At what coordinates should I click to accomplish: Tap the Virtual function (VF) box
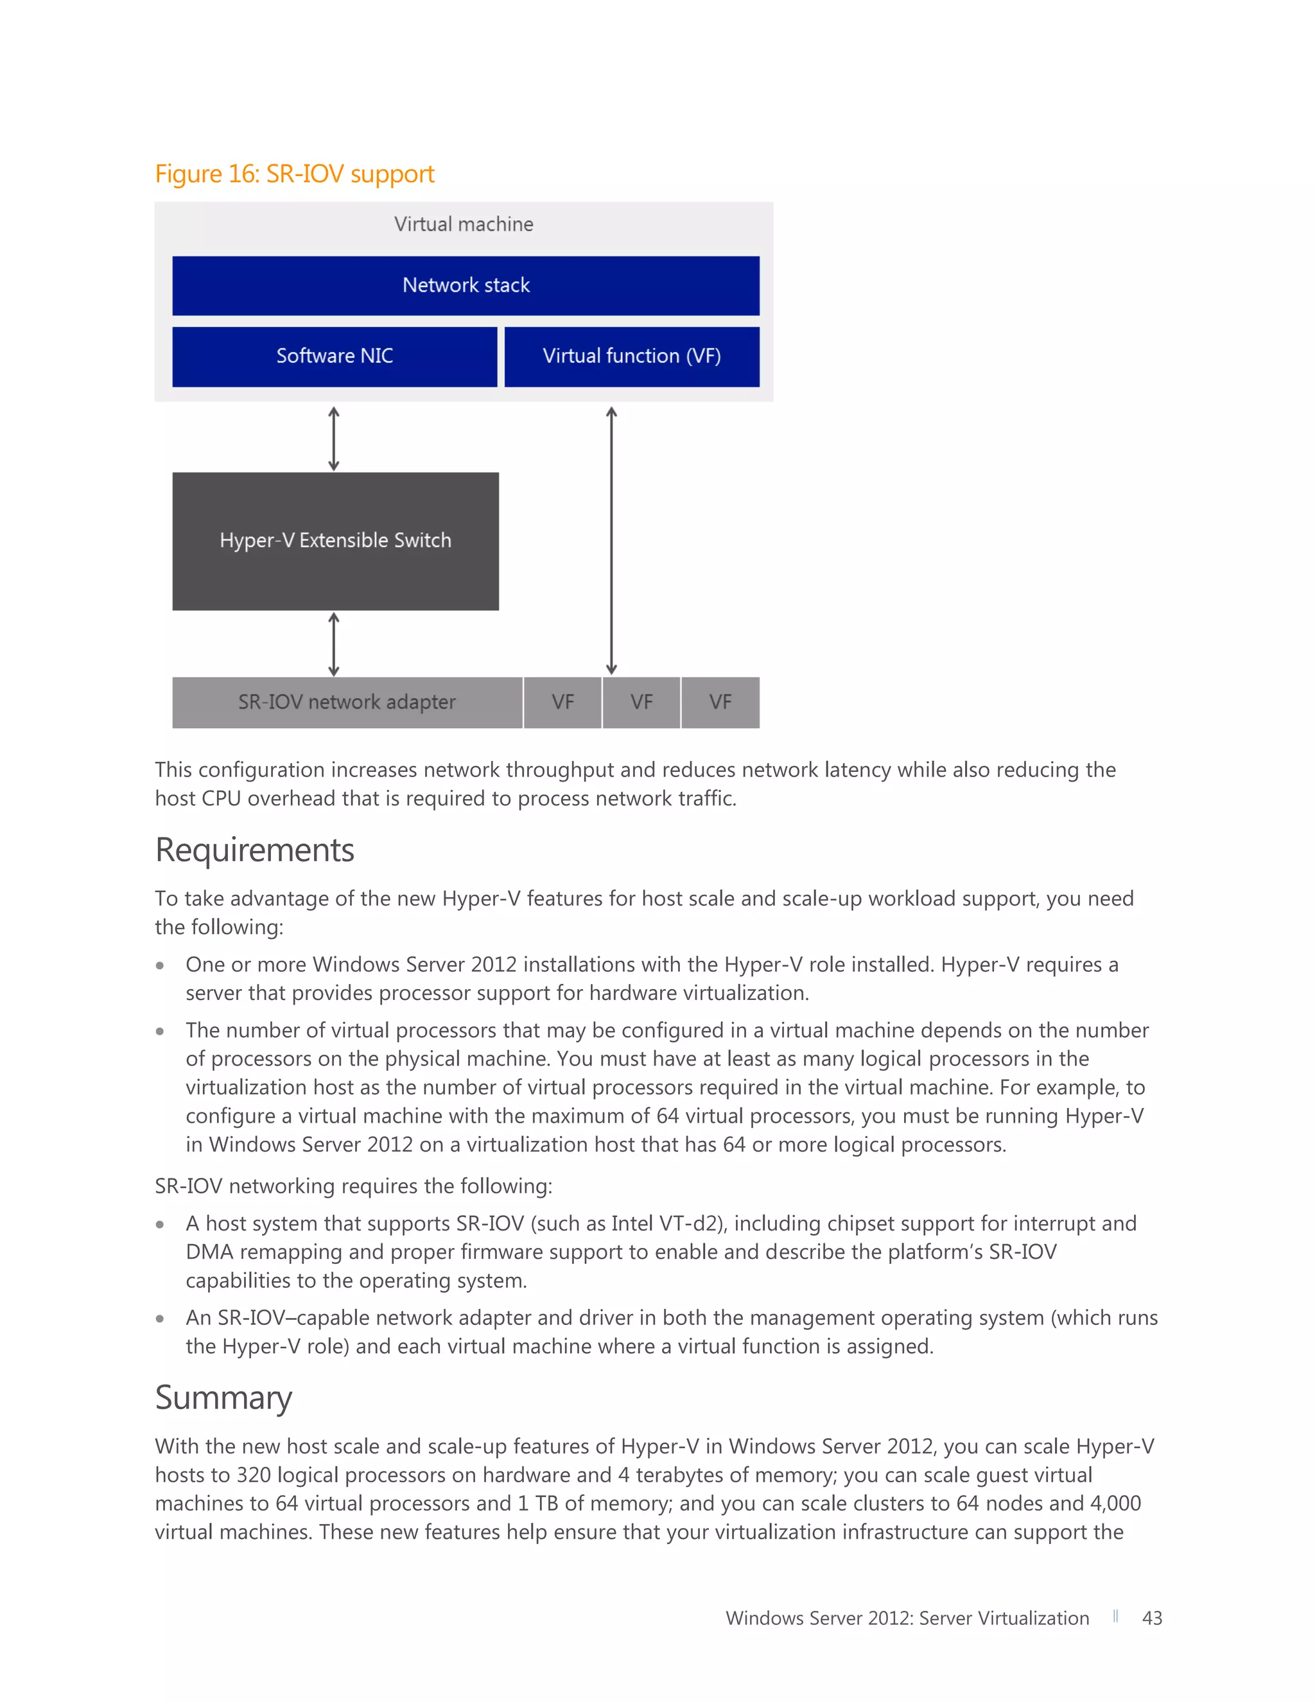(x=631, y=356)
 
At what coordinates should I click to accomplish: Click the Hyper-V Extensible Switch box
(x=335, y=541)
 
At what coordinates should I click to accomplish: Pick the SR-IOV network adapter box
(x=347, y=702)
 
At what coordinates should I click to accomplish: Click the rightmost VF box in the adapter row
(x=720, y=702)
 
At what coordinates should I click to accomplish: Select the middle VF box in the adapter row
(x=641, y=702)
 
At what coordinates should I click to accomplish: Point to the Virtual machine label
(x=464, y=224)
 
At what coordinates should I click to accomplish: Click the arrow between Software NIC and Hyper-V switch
(x=333, y=438)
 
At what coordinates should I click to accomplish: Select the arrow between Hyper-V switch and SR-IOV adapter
(x=333, y=644)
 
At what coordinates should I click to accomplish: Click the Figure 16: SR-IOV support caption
(x=295, y=174)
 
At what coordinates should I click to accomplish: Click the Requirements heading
(x=255, y=850)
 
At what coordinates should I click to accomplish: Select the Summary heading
(x=223, y=1398)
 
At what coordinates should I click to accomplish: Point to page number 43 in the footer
(x=1151, y=1618)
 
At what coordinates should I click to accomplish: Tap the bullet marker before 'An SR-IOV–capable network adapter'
(x=160, y=1319)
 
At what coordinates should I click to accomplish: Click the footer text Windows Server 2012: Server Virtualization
(x=907, y=1618)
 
